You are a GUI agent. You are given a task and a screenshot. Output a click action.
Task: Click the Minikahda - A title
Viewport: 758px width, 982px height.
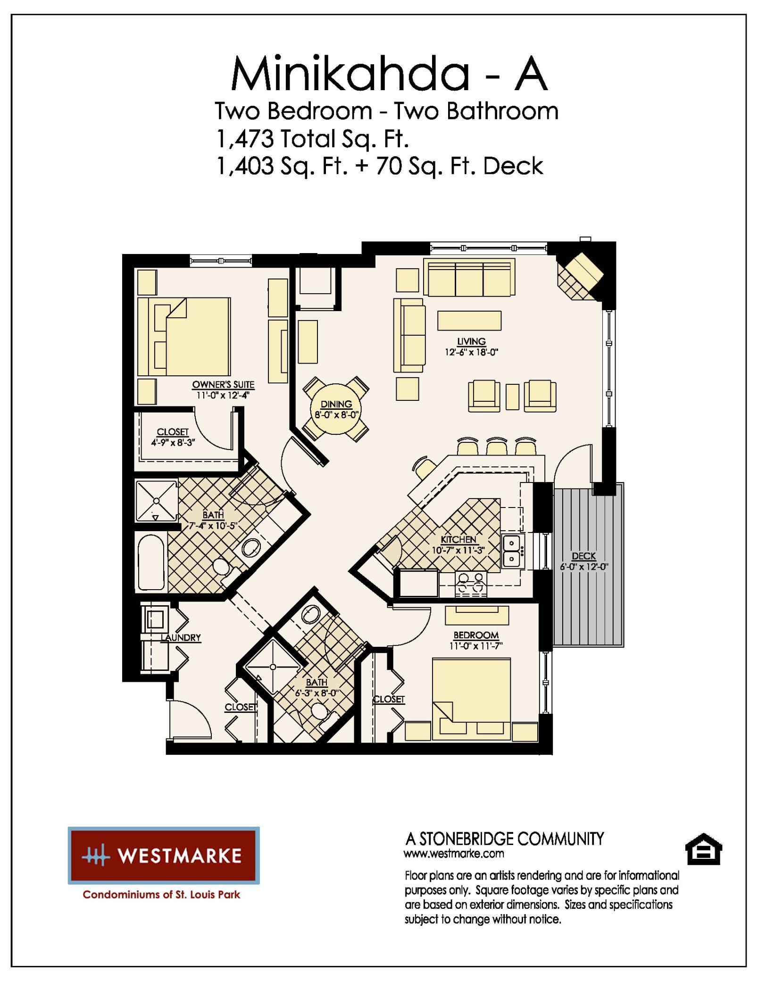pos(389,74)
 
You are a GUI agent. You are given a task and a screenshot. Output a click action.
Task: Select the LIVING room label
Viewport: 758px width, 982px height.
pos(471,341)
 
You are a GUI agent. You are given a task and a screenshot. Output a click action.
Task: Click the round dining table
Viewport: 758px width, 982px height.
pos(335,409)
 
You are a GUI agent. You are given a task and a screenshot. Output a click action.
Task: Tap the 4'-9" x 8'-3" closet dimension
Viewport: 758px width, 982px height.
pos(173,442)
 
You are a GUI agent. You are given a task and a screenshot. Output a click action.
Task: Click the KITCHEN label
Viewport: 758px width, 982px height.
pos(458,539)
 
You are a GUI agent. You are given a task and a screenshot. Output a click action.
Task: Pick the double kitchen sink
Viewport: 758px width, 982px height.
pos(511,551)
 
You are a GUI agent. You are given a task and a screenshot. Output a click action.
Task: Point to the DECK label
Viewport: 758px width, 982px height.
pos(583,556)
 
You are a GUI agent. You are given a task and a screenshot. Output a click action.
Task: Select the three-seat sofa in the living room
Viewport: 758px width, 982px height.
pos(469,277)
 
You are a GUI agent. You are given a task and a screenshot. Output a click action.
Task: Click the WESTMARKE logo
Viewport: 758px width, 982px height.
pos(163,855)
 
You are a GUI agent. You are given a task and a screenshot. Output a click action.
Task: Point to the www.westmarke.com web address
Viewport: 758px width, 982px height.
pos(454,854)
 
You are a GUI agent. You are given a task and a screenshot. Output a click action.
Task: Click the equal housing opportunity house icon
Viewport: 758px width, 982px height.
pos(703,849)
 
